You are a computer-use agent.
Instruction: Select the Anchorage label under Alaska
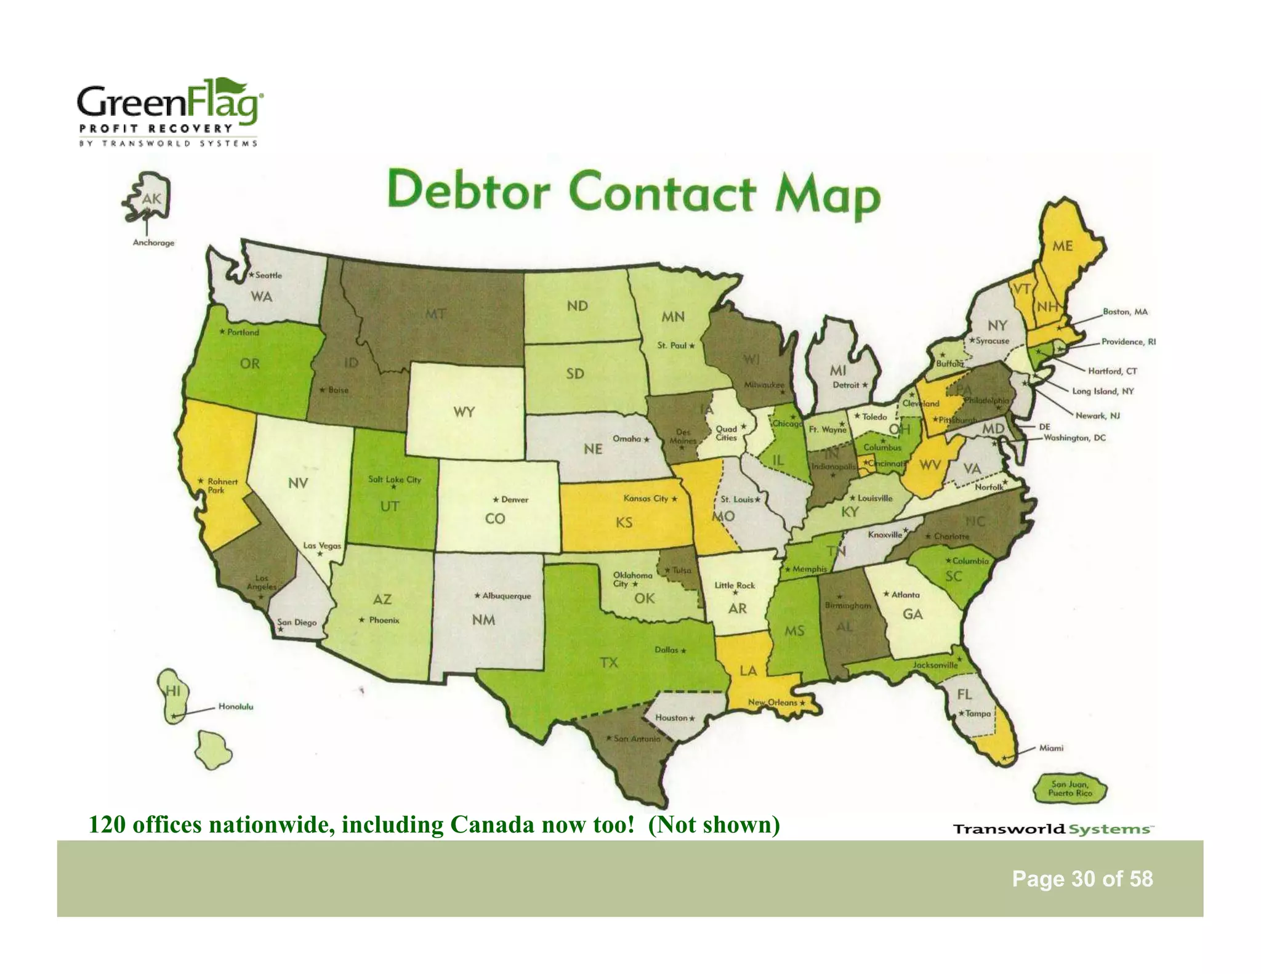coord(153,243)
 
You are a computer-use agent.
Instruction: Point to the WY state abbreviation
coord(464,412)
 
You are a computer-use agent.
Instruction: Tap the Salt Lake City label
coord(394,479)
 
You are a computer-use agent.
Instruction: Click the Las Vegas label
coord(321,545)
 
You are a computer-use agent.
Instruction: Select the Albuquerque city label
coord(506,596)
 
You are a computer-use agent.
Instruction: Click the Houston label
coord(671,717)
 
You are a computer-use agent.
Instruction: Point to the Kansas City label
coord(646,498)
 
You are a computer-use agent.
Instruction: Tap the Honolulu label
coord(235,706)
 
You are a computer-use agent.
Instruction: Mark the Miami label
coord(1051,748)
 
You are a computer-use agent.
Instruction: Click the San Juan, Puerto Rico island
coord(1070,789)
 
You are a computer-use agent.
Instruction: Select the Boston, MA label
coord(1125,312)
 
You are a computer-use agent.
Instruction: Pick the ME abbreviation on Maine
coord(1062,246)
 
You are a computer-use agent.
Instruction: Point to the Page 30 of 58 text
coord(1082,879)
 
